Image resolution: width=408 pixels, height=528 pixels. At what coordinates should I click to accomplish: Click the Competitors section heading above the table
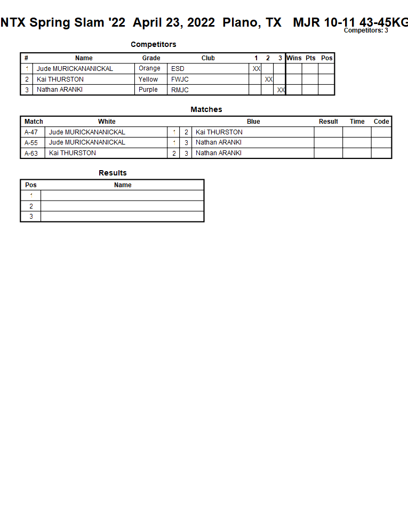(x=153, y=45)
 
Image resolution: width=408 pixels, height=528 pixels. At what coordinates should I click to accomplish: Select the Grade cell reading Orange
(x=149, y=69)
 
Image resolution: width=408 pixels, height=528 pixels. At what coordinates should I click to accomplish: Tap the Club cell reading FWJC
(x=180, y=79)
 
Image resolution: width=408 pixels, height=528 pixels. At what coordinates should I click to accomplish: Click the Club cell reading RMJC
(x=180, y=90)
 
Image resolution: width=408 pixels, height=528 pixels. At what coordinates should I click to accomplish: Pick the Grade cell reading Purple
(x=148, y=90)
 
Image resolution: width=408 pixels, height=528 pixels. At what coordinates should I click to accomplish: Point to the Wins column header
(x=294, y=58)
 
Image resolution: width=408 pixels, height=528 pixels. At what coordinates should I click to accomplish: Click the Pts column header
(x=310, y=58)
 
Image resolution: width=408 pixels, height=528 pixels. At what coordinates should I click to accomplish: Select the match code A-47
(x=31, y=132)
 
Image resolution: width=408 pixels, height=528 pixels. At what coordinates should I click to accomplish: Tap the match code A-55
(x=31, y=143)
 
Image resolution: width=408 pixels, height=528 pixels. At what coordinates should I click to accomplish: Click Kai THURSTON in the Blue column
(x=219, y=132)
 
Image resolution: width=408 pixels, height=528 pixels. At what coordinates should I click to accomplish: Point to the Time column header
(x=357, y=122)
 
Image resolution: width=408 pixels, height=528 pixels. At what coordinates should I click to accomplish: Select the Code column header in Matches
(x=381, y=122)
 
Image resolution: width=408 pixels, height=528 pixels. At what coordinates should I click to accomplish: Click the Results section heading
(x=113, y=173)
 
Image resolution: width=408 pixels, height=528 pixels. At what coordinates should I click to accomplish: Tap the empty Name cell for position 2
(x=122, y=206)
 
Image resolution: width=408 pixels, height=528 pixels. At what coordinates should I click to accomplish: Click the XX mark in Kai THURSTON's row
(x=269, y=79)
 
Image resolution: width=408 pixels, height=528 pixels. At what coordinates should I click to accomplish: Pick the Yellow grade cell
(x=148, y=79)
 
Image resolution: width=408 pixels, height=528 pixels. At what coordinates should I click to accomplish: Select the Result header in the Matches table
(x=329, y=122)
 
